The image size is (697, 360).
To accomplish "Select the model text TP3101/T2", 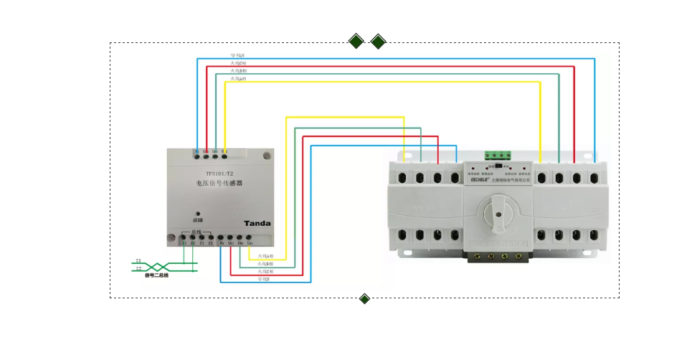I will click(x=219, y=174).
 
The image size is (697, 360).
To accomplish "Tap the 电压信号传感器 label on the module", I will click(x=219, y=184).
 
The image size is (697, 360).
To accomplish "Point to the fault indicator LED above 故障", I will click(x=198, y=213).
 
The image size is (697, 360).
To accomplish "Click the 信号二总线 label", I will click(x=156, y=275).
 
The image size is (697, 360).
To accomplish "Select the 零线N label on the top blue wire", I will click(x=238, y=55).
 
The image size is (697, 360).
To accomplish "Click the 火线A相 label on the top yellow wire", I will click(x=238, y=79).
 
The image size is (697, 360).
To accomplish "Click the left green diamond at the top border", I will click(x=356, y=42).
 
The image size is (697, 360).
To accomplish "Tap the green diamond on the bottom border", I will click(x=364, y=298).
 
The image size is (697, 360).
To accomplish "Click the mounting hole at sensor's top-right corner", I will click(x=266, y=154).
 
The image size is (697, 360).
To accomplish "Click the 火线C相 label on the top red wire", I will click(x=238, y=63).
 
